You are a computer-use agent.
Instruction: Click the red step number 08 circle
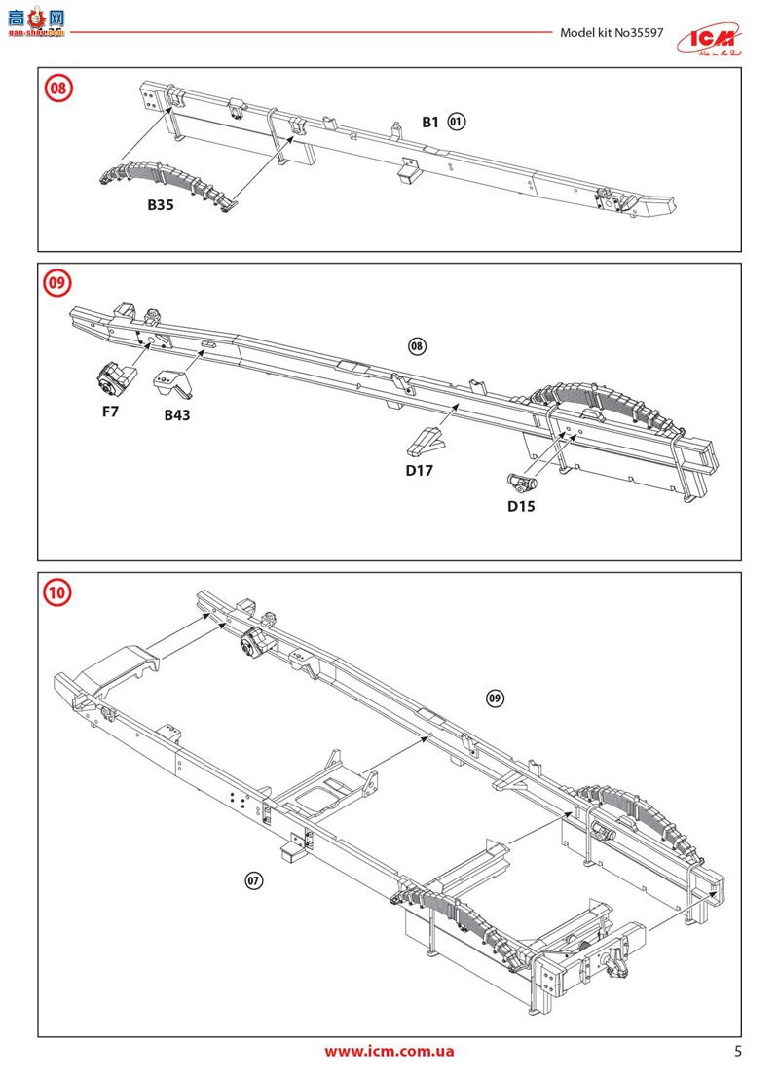point(58,88)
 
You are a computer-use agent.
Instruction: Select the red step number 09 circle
point(58,283)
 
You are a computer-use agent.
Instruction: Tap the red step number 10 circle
point(58,591)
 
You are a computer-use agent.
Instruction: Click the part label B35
point(161,205)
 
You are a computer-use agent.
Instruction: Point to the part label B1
point(430,122)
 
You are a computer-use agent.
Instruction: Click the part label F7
point(110,412)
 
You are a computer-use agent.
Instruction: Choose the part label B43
point(177,414)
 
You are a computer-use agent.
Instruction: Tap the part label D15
point(520,506)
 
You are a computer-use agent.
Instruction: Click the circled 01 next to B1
point(458,122)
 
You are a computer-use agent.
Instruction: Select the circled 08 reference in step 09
point(417,346)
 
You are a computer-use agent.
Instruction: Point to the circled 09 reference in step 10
point(495,699)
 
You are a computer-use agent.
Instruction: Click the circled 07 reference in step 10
point(253,880)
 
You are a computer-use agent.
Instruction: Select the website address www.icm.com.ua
point(389,1051)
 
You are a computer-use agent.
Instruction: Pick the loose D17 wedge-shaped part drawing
point(427,443)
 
